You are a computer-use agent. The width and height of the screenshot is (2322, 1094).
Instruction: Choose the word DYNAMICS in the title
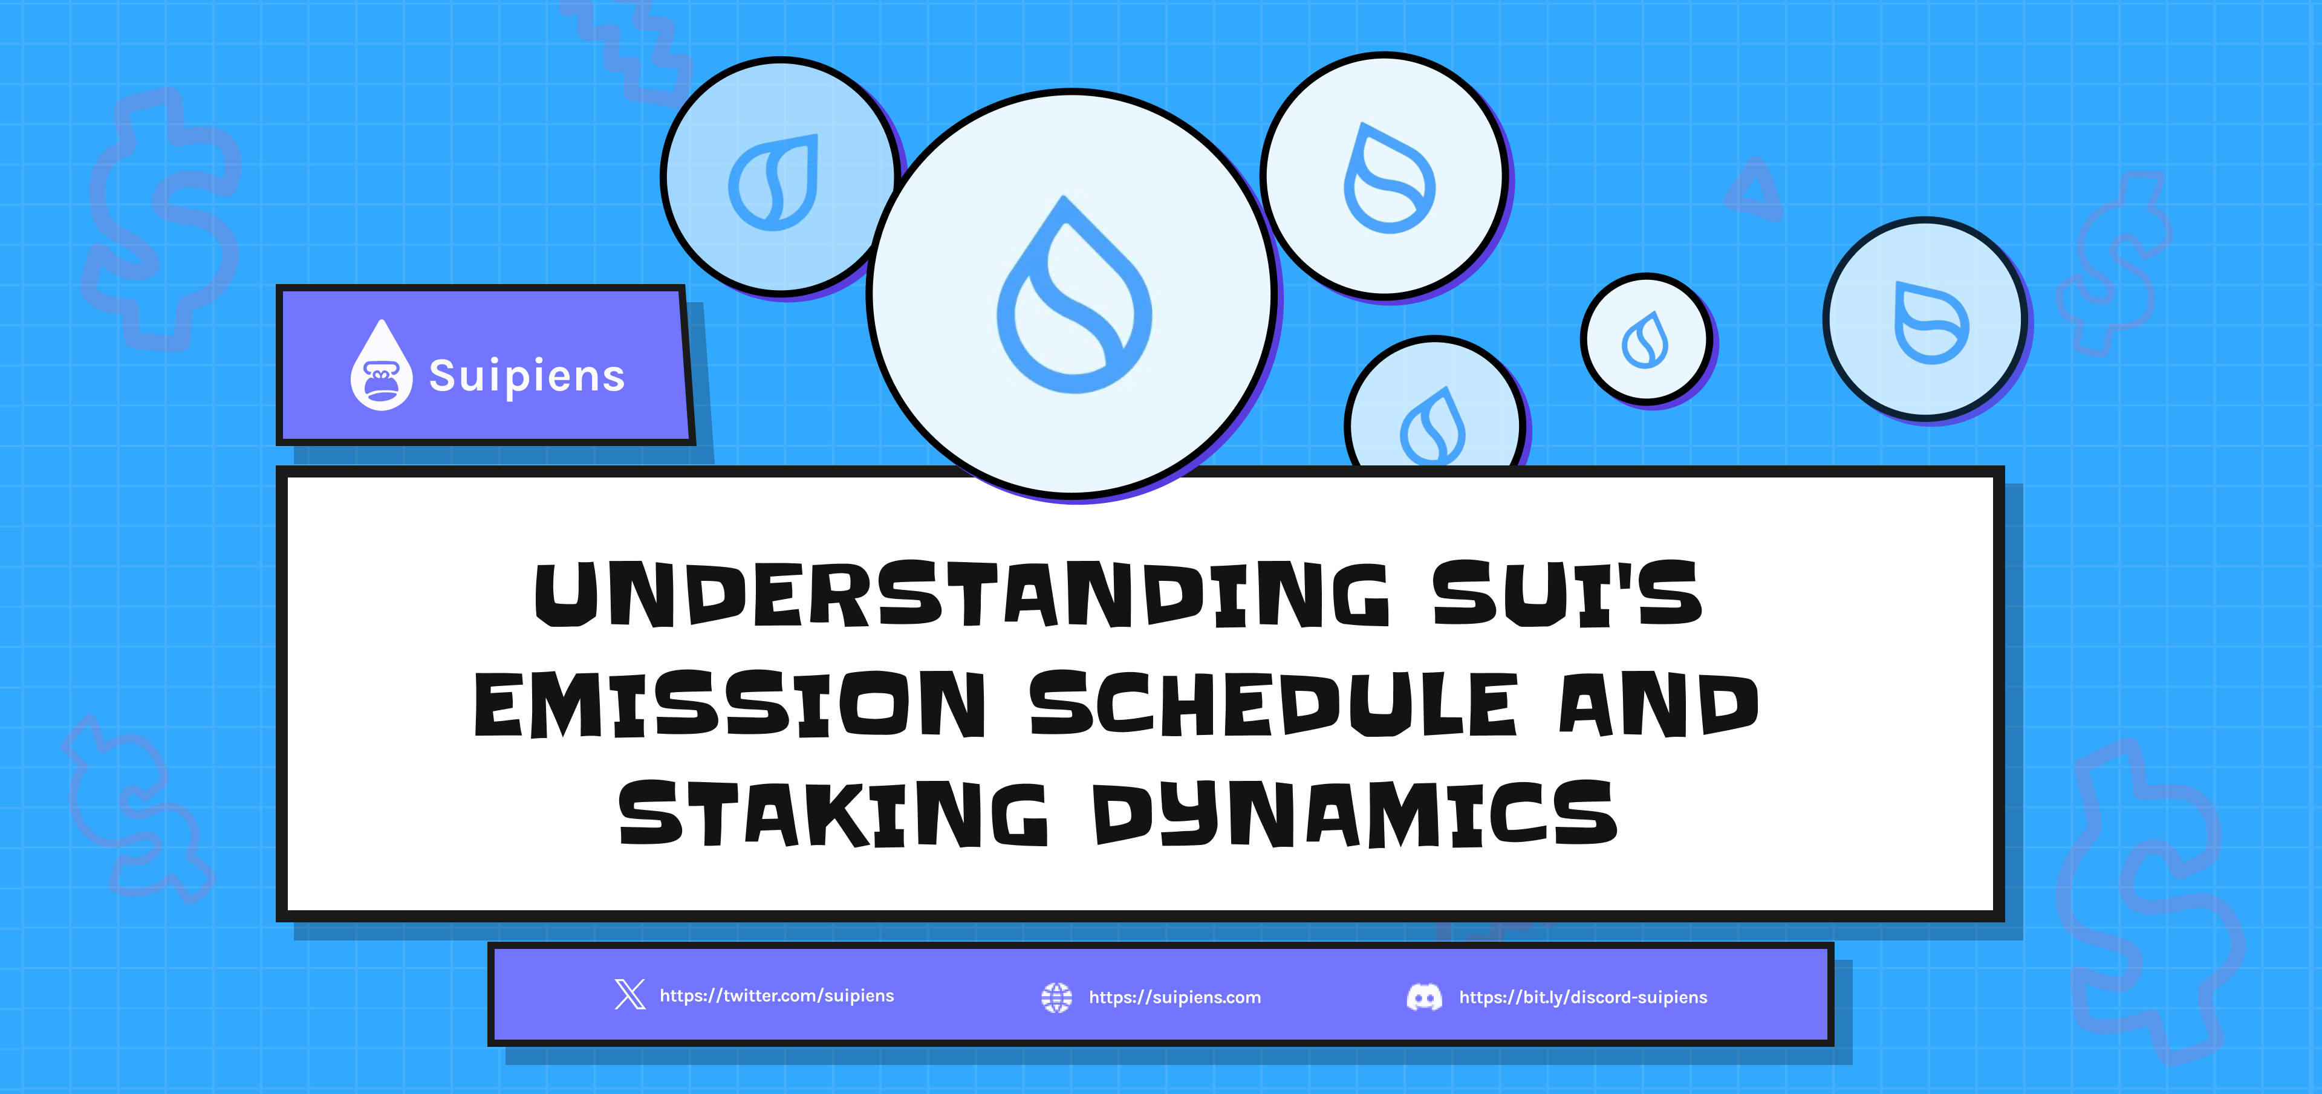point(1354,814)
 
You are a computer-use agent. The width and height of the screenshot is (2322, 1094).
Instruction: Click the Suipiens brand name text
point(527,376)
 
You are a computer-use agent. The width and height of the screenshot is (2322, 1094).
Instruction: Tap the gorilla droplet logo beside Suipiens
point(382,365)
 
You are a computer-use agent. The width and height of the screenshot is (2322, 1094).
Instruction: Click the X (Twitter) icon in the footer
point(630,995)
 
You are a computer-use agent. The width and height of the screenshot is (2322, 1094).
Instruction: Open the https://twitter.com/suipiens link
point(777,995)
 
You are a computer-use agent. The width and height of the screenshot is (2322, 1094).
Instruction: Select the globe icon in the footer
point(1056,997)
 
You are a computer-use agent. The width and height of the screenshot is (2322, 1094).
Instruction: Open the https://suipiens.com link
point(1174,997)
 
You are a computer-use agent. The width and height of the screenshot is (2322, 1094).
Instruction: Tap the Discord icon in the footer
point(1424,997)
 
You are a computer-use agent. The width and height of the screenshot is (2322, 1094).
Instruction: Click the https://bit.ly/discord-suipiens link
point(1583,997)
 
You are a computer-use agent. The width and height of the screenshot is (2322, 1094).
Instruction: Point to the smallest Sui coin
point(1646,339)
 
